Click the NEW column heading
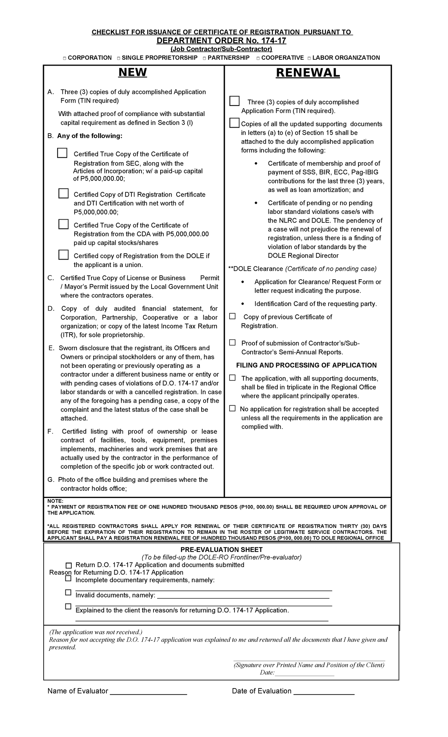(x=133, y=72)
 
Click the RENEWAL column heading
(x=308, y=73)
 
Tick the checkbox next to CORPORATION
(x=65, y=58)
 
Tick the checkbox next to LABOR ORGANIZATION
(x=309, y=58)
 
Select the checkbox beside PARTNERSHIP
(x=204, y=58)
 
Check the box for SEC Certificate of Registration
(x=62, y=153)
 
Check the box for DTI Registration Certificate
(x=63, y=193)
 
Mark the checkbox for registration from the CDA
(x=63, y=224)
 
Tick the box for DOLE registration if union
(x=63, y=255)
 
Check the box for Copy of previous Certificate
(x=233, y=316)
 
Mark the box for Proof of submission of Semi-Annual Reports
(x=233, y=342)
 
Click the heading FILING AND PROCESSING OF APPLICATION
(x=306, y=365)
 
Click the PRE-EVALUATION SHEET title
(x=221, y=549)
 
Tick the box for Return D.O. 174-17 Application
(x=68, y=565)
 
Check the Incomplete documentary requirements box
(x=68, y=578)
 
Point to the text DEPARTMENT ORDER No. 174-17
(x=221, y=41)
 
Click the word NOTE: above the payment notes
(x=55, y=501)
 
